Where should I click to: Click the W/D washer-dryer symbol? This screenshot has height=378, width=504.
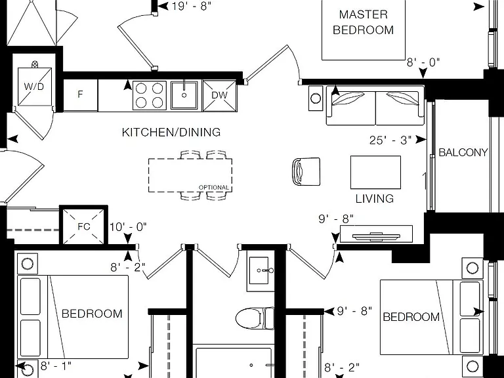point(35,87)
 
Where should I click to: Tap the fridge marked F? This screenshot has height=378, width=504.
point(80,95)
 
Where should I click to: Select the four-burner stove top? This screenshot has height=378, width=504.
point(150,95)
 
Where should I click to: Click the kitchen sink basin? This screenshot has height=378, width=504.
point(184,95)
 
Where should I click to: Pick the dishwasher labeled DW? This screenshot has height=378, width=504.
point(220,95)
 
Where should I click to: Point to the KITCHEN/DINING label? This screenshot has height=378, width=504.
point(171,132)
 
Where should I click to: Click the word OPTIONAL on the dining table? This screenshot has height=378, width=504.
point(214,188)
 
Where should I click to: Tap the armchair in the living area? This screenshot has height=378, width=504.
point(306,171)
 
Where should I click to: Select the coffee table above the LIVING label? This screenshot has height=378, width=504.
point(375,173)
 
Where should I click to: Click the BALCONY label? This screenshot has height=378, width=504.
point(463,152)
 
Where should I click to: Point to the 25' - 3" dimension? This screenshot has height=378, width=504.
point(390,140)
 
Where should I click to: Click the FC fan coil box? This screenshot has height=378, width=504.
point(83,226)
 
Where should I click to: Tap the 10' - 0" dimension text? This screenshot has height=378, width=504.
point(128,227)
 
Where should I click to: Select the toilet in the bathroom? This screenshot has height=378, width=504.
point(255,318)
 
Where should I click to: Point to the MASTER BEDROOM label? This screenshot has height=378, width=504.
point(363,22)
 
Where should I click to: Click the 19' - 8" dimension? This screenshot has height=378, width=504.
point(192,6)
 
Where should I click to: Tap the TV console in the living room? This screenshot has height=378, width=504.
point(376,234)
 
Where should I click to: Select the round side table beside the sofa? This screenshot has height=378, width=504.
point(316,98)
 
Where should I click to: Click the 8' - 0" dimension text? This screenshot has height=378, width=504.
point(423,62)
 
